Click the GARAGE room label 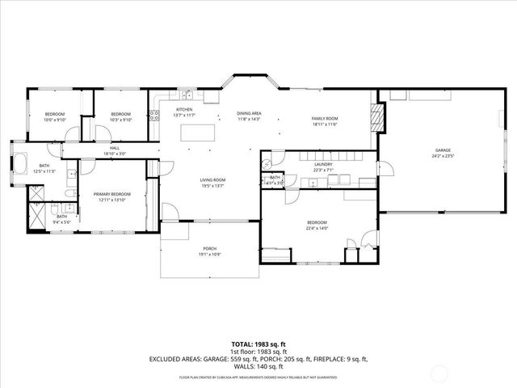tap(442, 150)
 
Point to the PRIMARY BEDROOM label tap(112, 194)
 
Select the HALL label tap(115, 149)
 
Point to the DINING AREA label tap(249, 113)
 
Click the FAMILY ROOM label tap(324, 119)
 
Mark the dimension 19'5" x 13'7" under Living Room tap(213, 186)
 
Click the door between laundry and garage tap(383, 170)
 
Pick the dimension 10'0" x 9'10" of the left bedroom tap(54, 120)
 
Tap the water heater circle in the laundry tap(267, 163)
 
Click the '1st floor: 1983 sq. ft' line tap(258, 352)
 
